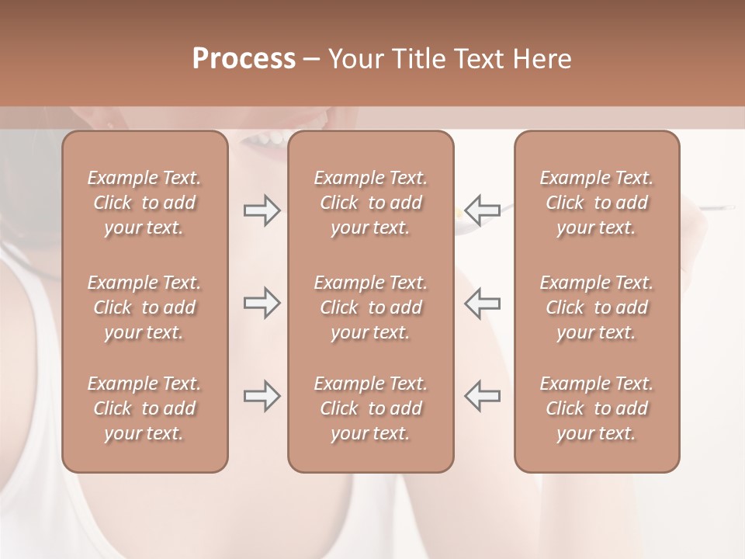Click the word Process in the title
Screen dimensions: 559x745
[x=244, y=59]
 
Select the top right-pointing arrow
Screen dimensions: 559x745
[x=262, y=210]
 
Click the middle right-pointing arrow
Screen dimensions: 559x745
[x=262, y=303]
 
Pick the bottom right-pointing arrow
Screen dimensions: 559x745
[x=262, y=396]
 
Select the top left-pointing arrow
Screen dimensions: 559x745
[x=482, y=210]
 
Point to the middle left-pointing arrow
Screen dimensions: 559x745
[x=482, y=303]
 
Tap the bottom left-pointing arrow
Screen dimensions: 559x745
[x=482, y=396]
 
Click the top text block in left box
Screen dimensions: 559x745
[x=144, y=203]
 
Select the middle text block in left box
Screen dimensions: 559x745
[x=144, y=307]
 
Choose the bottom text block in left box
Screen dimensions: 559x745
[x=144, y=408]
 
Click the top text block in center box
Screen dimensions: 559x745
[x=370, y=203]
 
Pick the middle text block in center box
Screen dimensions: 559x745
[x=370, y=307]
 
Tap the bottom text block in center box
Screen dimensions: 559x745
[x=370, y=408]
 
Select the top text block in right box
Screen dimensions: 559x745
[x=597, y=203]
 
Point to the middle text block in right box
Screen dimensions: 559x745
[x=597, y=307]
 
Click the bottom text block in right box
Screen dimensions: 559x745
[x=597, y=408]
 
